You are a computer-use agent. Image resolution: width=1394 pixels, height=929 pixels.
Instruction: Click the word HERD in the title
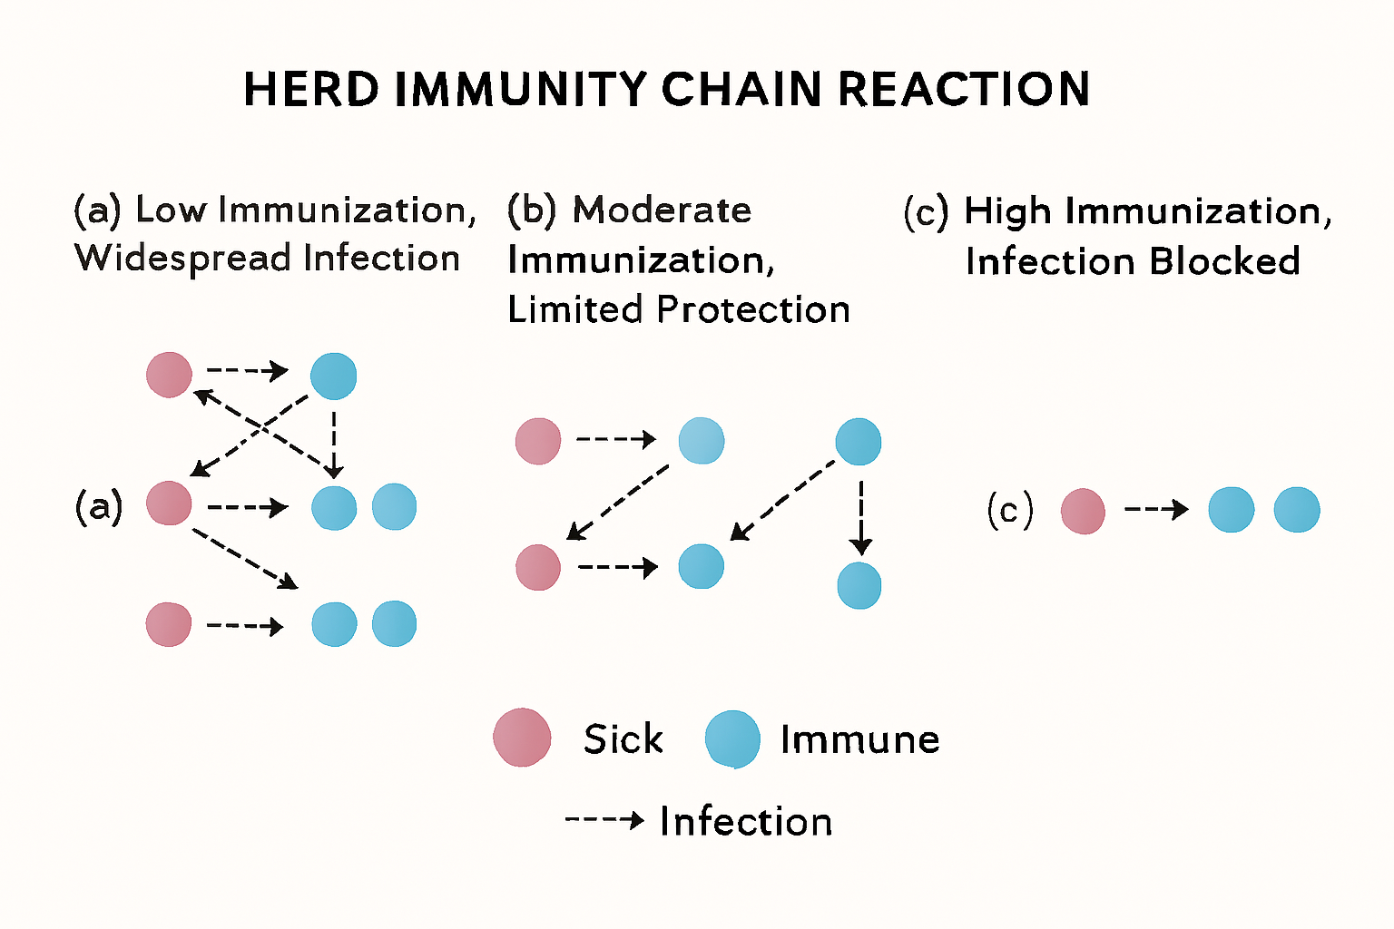point(311,90)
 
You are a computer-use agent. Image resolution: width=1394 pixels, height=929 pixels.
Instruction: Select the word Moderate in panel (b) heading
point(662,210)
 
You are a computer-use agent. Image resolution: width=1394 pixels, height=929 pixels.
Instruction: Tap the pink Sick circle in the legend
point(522,738)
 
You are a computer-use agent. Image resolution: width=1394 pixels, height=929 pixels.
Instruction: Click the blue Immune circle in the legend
point(732,738)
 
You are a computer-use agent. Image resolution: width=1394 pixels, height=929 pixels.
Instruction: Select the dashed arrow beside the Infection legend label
point(604,820)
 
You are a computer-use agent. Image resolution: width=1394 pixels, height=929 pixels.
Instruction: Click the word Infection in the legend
point(746,821)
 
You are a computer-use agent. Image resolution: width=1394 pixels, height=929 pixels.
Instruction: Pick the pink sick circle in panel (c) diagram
point(1083,511)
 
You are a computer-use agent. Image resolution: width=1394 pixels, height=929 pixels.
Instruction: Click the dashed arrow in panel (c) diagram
point(1156,510)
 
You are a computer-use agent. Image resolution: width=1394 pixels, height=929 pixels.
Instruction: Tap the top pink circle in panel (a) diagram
point(170,374)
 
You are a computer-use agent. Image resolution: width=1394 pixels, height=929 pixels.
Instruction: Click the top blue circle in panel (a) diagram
point(333,376)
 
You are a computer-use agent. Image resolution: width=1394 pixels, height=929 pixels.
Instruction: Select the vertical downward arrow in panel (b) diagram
point(860,517)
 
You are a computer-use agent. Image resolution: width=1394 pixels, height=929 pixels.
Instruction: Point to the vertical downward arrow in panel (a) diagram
point(334,445)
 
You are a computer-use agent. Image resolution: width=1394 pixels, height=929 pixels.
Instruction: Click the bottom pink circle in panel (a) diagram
point(170,624)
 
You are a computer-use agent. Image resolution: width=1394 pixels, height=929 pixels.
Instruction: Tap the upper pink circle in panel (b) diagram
point(538,441)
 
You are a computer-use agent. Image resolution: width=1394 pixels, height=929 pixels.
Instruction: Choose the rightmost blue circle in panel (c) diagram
point(1296,510)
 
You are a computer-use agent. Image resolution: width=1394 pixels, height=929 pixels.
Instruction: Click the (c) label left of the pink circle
point(1009,511)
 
